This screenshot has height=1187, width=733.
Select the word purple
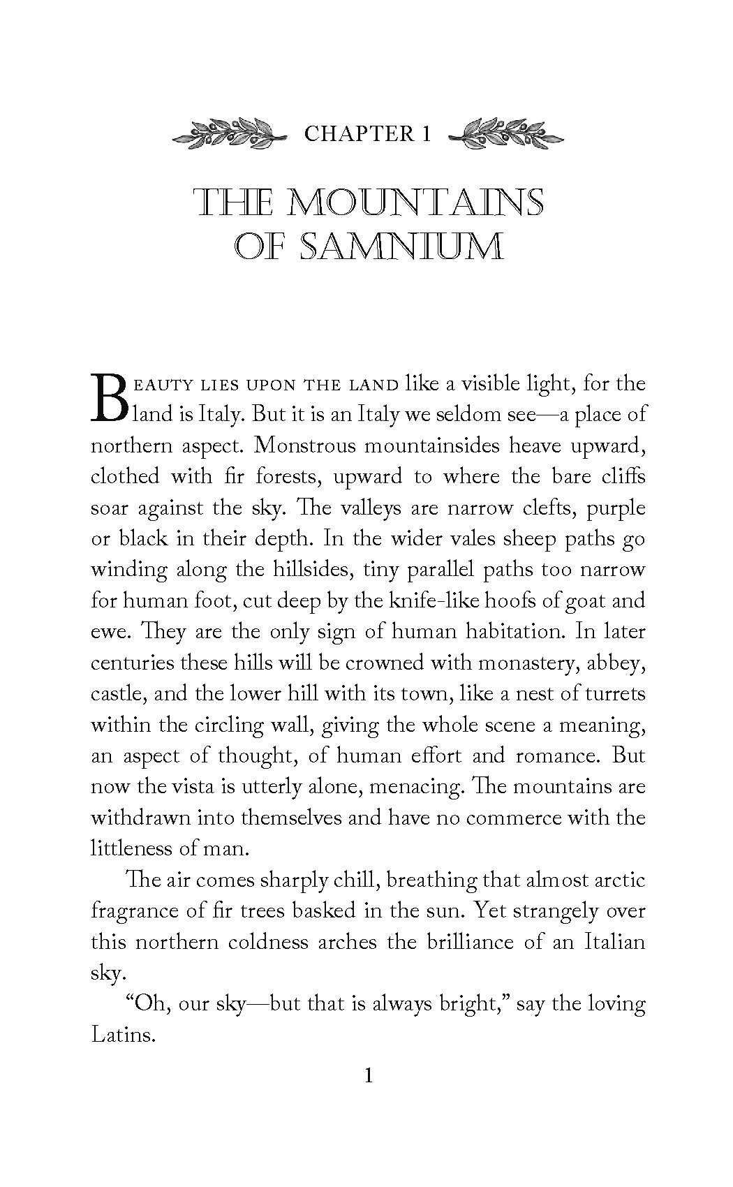(616, 508)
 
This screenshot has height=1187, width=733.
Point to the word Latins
(122, 1035)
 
